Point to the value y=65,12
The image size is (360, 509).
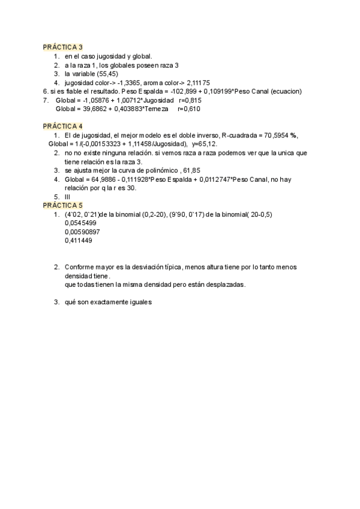[x=205, y=144]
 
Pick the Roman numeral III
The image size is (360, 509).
[x=68, y=197]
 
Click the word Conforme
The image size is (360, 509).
[x=79, y=267]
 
